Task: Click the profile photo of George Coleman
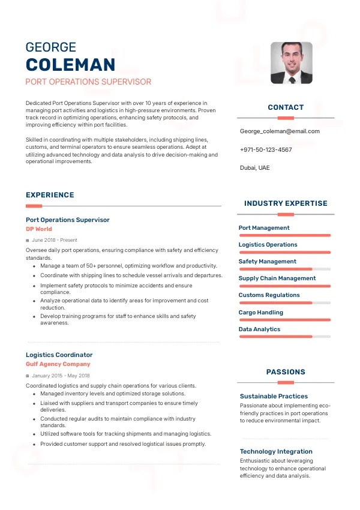[291, 62]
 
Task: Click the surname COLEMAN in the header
[70, 65]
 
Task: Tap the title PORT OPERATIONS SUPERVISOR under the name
[88, 82]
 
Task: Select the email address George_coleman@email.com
[280, 131]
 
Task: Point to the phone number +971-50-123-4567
[266, 149]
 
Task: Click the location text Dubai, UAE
[255, 168]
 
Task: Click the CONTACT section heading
[286, 107]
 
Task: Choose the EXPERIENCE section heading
[50, 195]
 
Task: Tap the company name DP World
[39, 229]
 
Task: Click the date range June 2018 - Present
[55, 240]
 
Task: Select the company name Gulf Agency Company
[58, 364]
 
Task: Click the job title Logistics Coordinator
[59, 355]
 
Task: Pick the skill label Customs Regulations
[269, 295]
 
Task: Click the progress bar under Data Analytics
[285, 337]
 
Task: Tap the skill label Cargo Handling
[261, 313]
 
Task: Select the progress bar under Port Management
[285, 235]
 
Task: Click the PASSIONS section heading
[286, 372]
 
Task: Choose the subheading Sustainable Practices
[274, 397]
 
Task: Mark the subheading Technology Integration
[276, 452]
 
